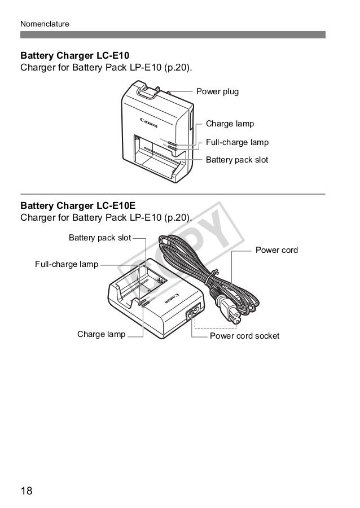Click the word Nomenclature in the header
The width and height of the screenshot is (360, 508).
point(45,24)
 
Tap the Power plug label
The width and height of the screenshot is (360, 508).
point(217,91)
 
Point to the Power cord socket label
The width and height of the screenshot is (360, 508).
point(244,336)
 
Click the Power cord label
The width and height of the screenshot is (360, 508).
point(276,249)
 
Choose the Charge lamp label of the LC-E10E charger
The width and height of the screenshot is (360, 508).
point(101,334)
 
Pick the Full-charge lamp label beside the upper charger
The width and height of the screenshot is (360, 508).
point(237,142)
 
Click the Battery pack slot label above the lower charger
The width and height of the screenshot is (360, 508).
point(99,238)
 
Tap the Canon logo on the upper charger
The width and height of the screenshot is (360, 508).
point(149,122)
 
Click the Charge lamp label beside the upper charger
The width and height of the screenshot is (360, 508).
point(230,124)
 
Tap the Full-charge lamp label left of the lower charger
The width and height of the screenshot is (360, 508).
point(67,264)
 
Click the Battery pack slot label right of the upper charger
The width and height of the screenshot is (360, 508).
point(237,160)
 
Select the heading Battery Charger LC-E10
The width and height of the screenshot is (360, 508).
point(75,56)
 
